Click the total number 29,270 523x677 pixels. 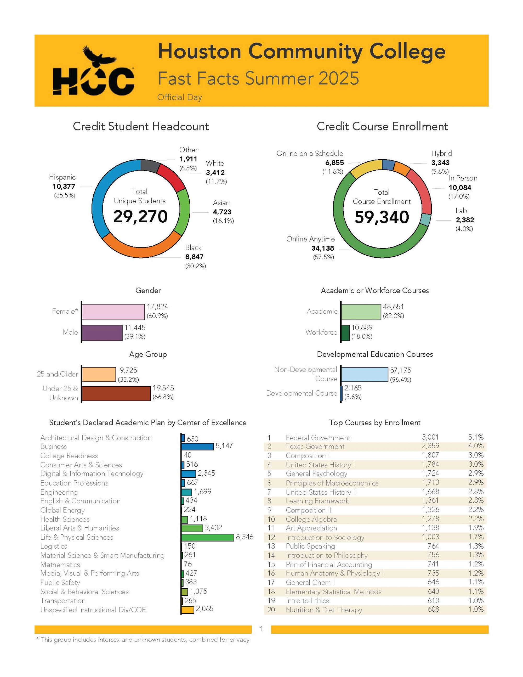[x=140, y=216]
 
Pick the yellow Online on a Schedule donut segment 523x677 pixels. [x=366, y=169]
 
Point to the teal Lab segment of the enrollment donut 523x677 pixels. [x=426, y=220]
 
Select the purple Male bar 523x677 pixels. [x=102, y=333]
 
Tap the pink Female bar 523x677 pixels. [x=113, y=312]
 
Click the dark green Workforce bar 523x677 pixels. [x=345, y=333]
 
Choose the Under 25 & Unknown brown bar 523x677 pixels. [x=116, y=393]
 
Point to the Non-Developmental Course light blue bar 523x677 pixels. [x=364, y=374]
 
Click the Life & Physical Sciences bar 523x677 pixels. [x=207, y=538]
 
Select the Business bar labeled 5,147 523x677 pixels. [x=197, y=446]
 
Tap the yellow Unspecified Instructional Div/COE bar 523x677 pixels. [x=187, y=610]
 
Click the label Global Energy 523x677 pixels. [x=62, y=510]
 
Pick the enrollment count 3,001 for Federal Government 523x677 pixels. [x=430, y=437]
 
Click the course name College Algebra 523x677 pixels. [x=311, y=519]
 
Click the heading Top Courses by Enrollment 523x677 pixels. [x=374, y=422]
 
